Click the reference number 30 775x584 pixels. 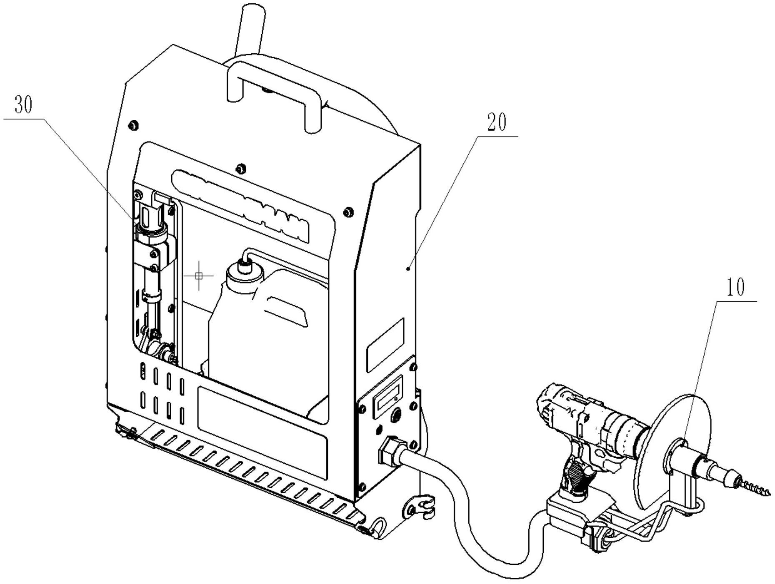coord(23,105)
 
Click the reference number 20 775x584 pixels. coord(497,122)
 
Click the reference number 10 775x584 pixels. coord(735,287)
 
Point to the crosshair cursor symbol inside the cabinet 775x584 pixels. coord(199,275)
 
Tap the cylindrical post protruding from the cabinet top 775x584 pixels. coord(250,29)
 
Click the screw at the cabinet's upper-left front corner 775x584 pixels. coord(134,125)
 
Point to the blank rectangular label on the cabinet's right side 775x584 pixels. coord(385,345)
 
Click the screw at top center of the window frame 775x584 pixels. coord(240,169)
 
